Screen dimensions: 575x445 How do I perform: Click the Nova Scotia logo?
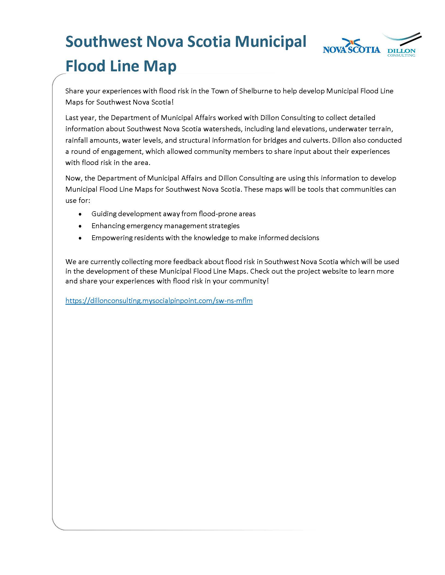[x=351, y=47]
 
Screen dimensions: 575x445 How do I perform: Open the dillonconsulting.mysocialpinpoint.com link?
[x=159, y=301]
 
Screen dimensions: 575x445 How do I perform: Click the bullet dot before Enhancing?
[x=80, y=226]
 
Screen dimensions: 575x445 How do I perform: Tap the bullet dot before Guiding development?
[x=80, y=214]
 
